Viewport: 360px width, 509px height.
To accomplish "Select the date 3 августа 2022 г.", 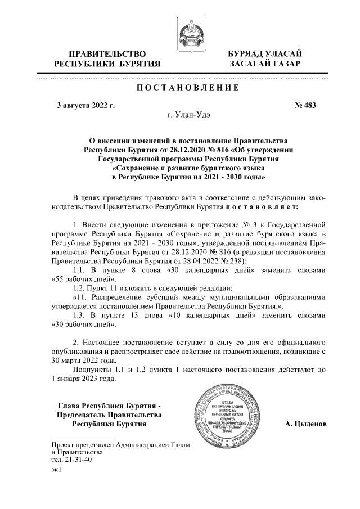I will pos(82,105).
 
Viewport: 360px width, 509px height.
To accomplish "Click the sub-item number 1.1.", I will pos(80,269).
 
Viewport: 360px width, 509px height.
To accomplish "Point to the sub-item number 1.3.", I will pos(80,316).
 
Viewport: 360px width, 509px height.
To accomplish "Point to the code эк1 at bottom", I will pos(56,469).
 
